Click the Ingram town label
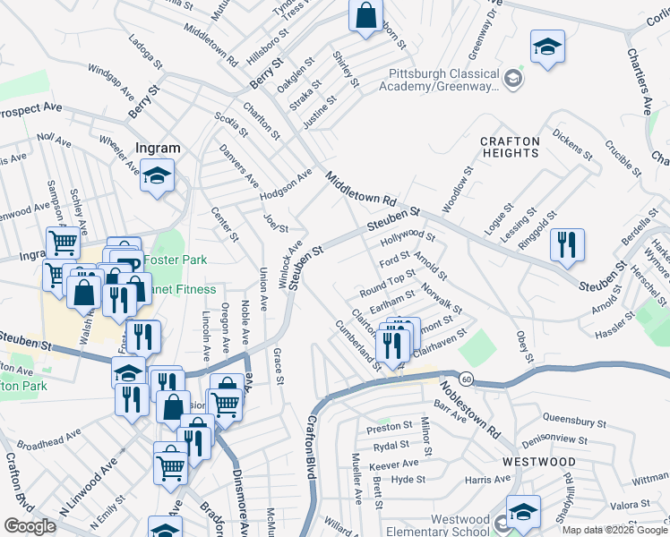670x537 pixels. [x=157, y=148]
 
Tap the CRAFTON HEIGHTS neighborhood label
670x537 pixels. [x=510, y=148]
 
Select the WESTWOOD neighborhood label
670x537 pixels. [x=538, y=461]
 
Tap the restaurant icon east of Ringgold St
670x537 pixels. [x=567, y=245]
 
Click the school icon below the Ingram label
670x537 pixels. [x=158, y=175]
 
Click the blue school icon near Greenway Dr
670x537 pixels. [x=547, y=47]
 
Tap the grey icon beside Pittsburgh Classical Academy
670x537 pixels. [x=512, y=80]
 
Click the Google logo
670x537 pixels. [x=30, y=526]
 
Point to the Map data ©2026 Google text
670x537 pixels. [x=614, y=529]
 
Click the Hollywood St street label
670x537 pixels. [x=408, y=238]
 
